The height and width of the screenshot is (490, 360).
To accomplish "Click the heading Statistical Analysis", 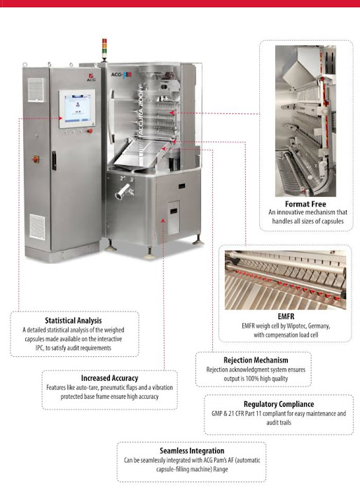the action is [73, 321].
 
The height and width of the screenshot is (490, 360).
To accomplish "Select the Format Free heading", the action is [305, 204].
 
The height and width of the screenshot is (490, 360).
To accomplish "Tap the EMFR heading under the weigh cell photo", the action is [286, 316].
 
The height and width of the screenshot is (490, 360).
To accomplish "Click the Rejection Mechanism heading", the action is [256, 360].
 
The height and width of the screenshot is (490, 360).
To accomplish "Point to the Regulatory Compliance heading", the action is [279, 404].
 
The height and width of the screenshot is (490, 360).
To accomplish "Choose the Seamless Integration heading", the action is [192, 451].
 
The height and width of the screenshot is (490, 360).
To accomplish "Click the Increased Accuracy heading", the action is [109, 378].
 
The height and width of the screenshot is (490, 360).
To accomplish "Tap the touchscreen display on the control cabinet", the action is [77, 108].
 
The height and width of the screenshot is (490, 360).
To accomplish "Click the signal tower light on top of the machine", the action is [104, 49].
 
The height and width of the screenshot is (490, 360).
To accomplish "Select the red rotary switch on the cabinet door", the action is [35, 160].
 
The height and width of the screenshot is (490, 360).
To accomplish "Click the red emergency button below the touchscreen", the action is [90, 131].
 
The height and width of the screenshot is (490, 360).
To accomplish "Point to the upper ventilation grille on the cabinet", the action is [36, 90].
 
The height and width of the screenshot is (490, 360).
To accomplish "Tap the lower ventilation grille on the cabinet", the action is [38, 227].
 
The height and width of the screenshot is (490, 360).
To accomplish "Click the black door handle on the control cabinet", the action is [54, 160].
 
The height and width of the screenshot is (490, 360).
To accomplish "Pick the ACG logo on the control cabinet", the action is [91, 78].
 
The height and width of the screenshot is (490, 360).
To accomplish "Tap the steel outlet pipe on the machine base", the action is [123, 192].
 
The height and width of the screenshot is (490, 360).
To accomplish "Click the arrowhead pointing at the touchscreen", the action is [61, 118].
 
